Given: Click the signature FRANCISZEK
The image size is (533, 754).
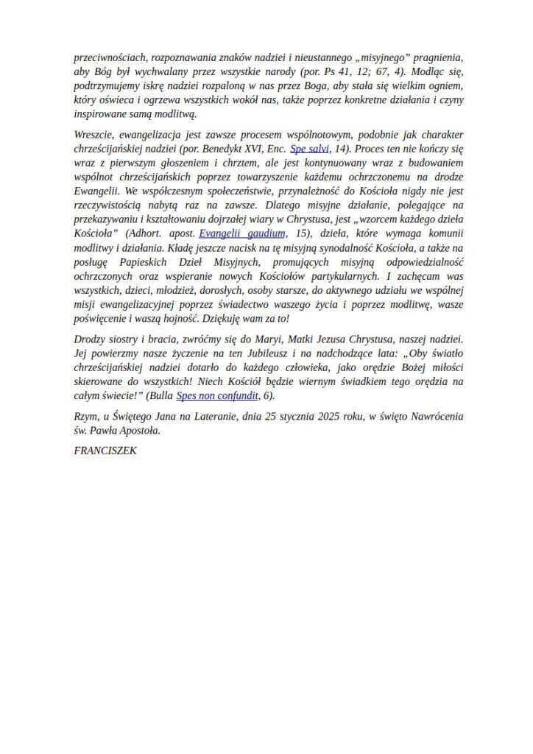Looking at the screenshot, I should (x=106, y=448).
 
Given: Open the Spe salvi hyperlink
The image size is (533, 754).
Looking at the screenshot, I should (x=309, y=147).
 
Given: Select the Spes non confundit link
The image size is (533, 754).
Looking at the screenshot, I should (x=217, y=395).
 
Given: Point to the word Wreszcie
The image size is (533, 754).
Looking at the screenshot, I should (x=94, y=133).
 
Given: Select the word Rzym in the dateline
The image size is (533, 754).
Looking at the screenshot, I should (x=87, y=417).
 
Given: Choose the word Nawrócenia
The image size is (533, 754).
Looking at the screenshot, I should (x=434, y=417).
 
